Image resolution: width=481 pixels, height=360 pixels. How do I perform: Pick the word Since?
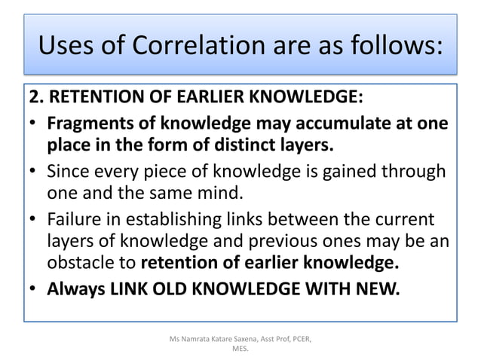(x=68, y=170)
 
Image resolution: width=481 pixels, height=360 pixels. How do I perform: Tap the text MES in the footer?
(x=240, y=349)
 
